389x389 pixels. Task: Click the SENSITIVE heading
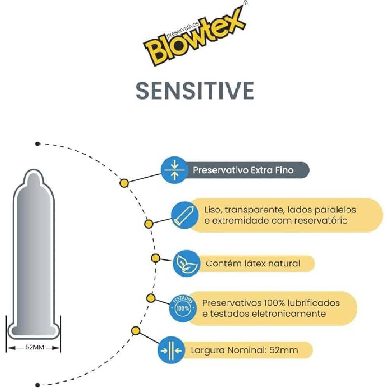(194, 90)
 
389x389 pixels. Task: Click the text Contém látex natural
(253, 263)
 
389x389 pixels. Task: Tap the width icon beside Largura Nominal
(172, 350)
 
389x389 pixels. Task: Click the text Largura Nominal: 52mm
(244, 350)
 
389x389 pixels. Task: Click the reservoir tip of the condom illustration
(34, 177)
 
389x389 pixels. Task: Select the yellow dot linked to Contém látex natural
(155, 258)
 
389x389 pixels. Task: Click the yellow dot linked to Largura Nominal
(136, 331)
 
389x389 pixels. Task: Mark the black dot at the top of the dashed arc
(37, 144)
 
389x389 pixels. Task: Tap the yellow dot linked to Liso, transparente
(148, 224)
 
